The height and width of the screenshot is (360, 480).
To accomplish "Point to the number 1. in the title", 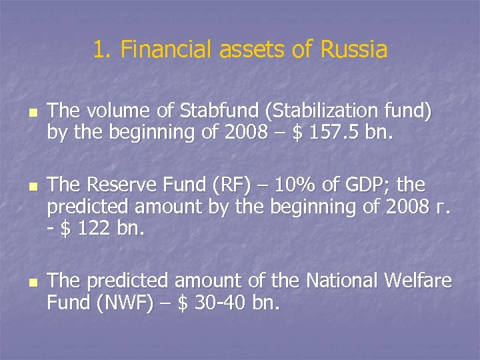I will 102,49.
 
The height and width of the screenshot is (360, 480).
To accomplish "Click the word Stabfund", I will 202,111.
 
